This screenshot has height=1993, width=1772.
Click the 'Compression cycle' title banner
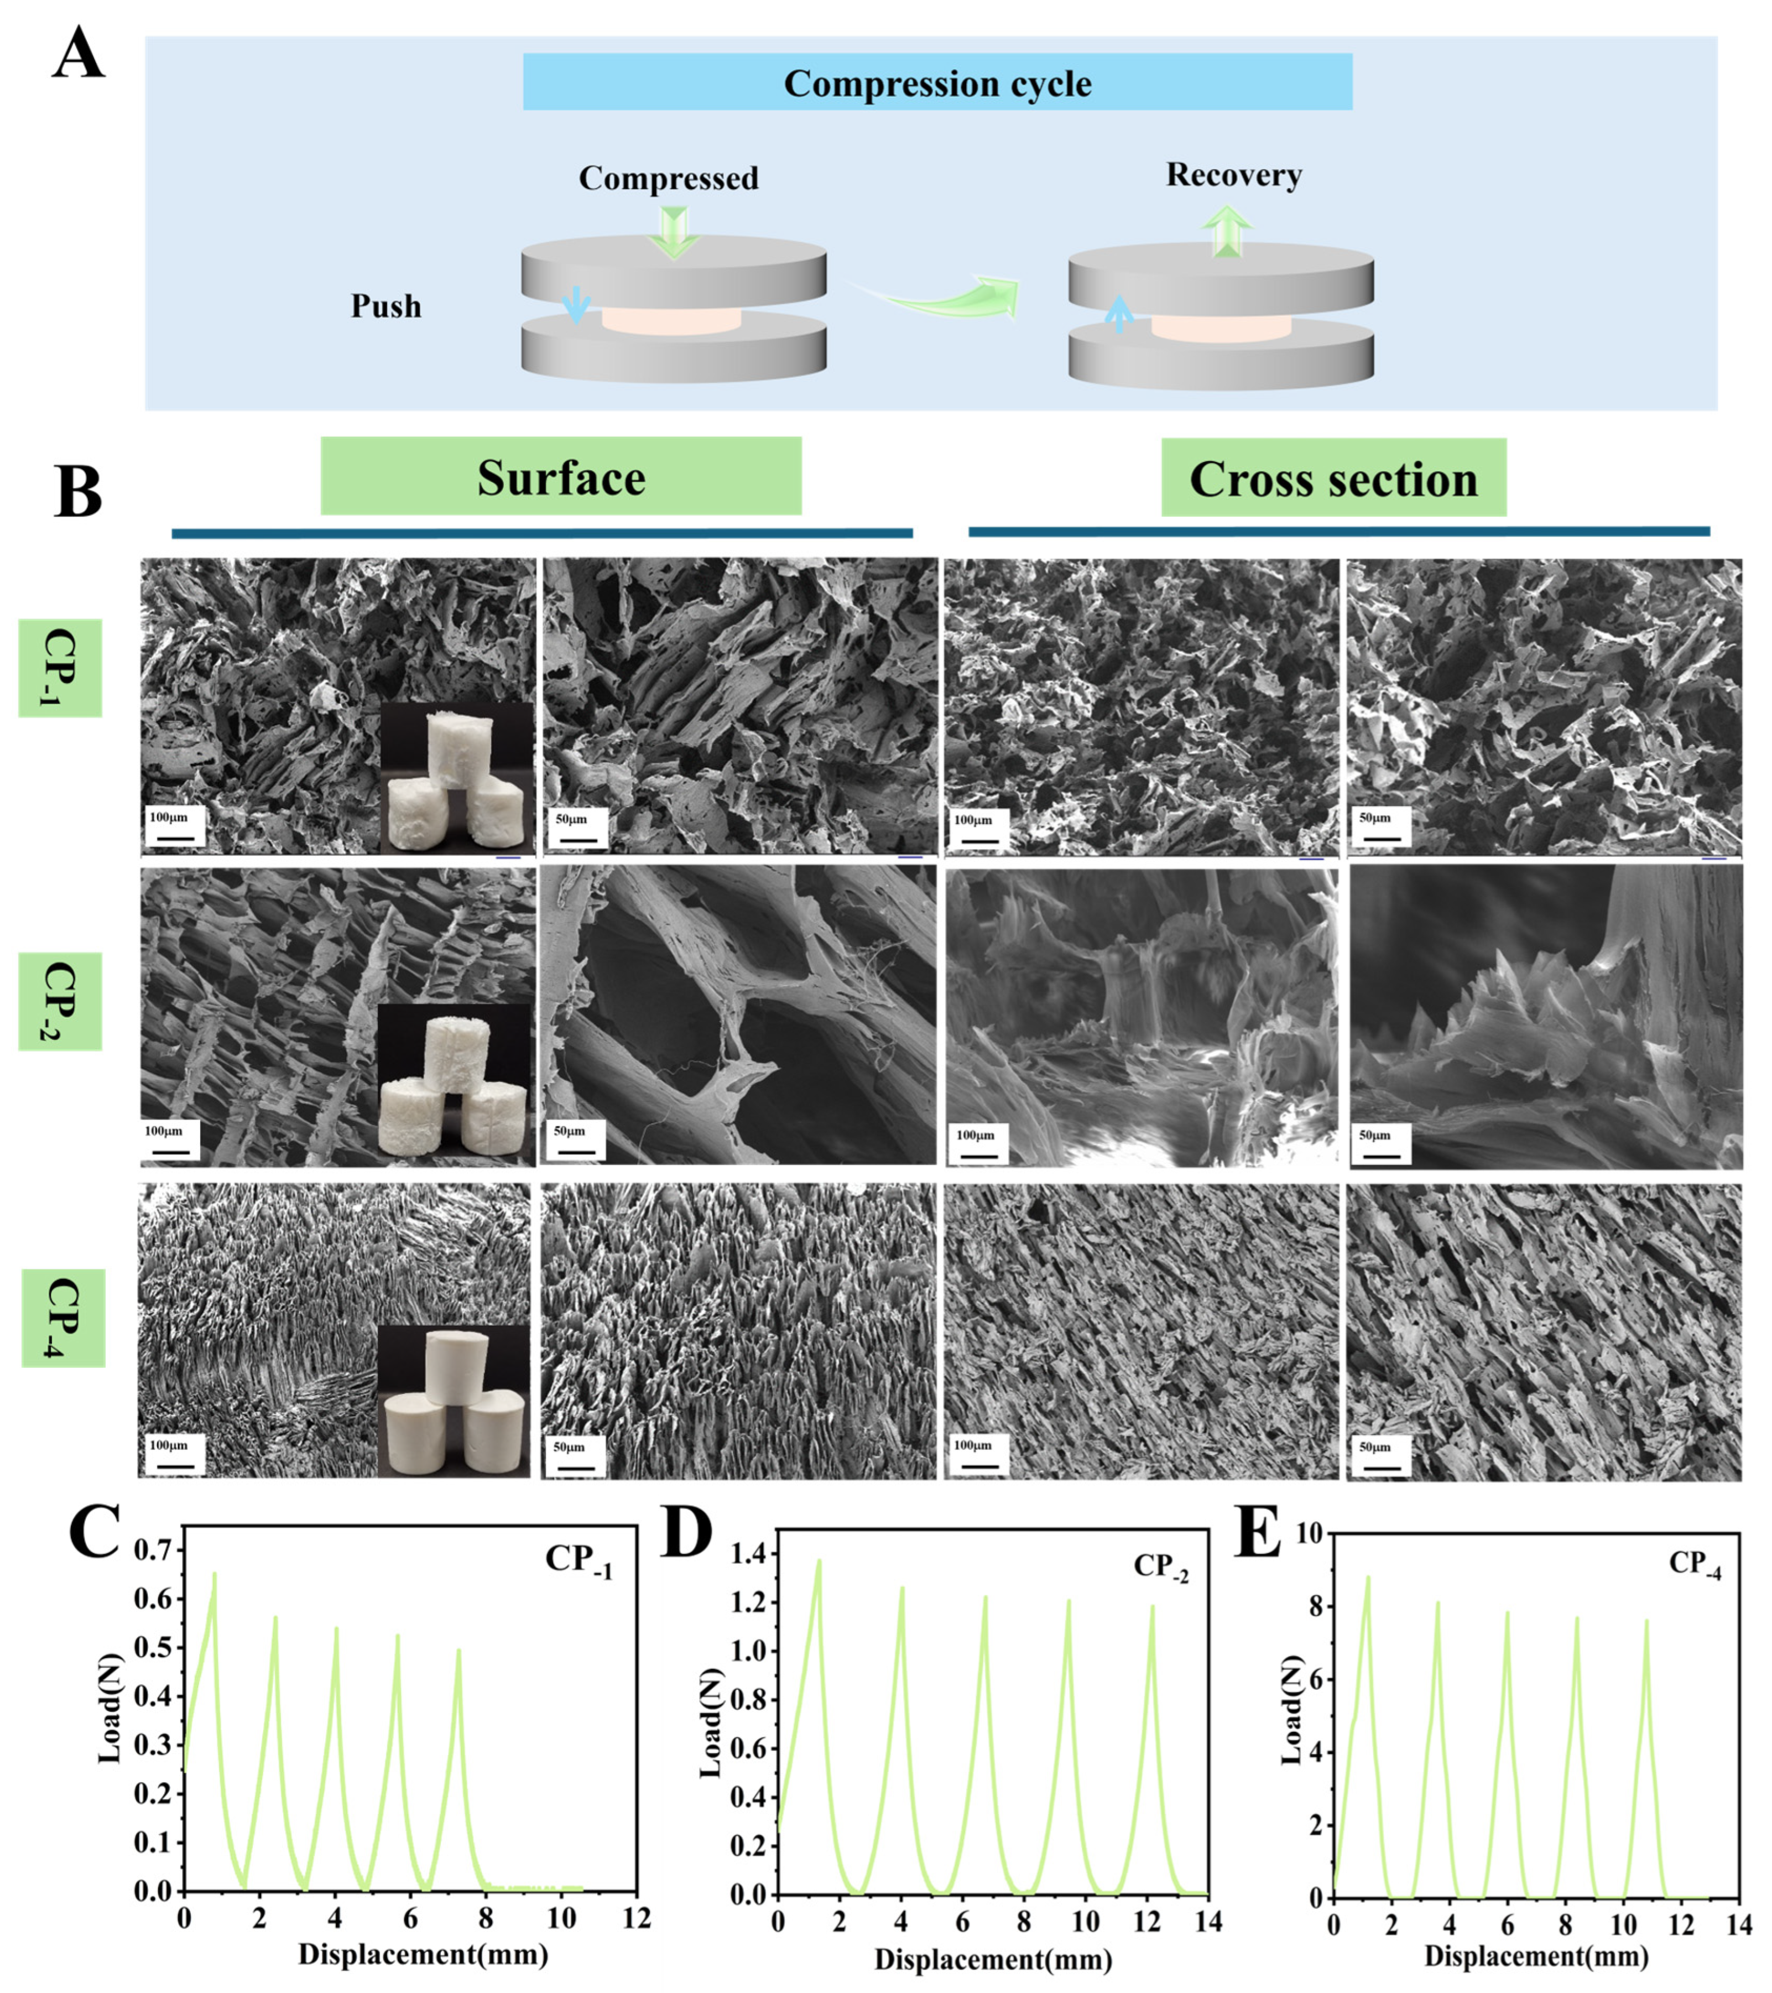coord(937,83)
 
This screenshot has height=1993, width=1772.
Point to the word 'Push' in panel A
coord(386,306)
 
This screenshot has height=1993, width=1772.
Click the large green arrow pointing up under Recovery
coord(1226,232)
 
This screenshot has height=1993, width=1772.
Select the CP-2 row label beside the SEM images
coord(60,1001)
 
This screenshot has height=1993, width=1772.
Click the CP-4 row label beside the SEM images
coord(62,1318)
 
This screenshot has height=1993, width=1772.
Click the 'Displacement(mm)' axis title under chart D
coord(992,1958)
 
